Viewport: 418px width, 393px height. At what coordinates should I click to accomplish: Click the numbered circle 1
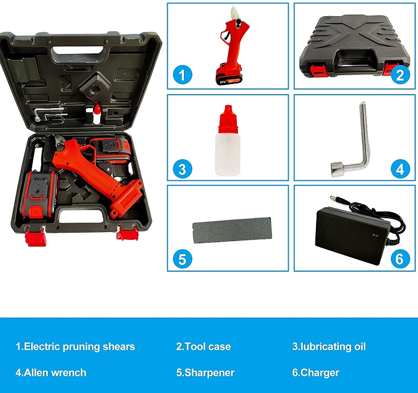(x=182, y=75)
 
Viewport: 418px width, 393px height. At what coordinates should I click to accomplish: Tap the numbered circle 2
(x=400, y=75)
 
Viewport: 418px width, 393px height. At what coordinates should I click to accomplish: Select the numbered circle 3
(x=182, y=169)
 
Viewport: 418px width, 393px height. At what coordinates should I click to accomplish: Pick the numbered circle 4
(x=400, y=169)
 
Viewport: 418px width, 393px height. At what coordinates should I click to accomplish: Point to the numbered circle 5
(x=182, y=259)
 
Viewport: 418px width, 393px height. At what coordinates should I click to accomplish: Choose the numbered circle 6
(x=400, y=259)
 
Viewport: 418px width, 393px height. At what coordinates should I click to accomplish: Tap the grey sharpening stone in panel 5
(x=232, y=230)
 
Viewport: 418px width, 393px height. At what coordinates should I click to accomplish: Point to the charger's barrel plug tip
(x=332, y=197)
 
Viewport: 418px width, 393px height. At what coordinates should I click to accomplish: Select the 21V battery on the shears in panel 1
(x=229, y=75)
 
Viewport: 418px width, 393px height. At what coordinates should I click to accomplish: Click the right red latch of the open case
(x=128, y=233)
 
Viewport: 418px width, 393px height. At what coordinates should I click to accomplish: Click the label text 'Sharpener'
(x=209, y=373)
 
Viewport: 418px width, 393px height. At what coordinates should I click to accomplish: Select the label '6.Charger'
(x=315, y=373)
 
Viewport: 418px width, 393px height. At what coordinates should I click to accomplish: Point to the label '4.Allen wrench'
(x=51, y=372)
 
